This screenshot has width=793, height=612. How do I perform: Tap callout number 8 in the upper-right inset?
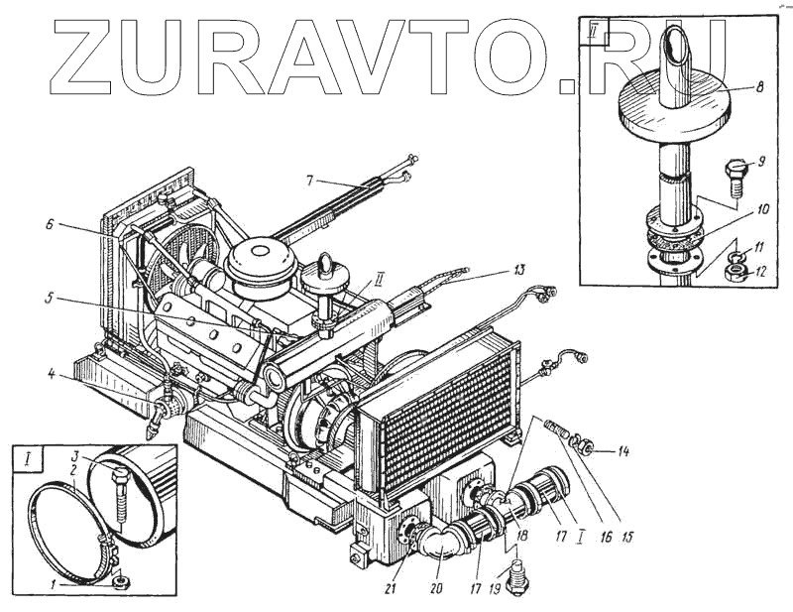click(x=758, y=87)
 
